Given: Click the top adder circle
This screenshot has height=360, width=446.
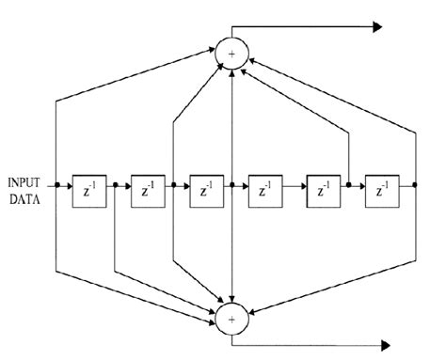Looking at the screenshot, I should (231, 53).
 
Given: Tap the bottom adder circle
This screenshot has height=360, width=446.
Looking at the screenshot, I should (231, 319).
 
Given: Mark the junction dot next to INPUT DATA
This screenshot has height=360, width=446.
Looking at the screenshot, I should (56, 186).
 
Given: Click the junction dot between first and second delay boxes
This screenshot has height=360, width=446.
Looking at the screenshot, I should (115, 186).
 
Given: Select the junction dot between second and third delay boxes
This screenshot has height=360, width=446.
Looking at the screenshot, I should (173, 186).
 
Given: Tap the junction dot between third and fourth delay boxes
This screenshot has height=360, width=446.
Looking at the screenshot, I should (231, 186).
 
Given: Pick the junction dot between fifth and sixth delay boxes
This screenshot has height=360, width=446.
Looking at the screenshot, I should (349, 186).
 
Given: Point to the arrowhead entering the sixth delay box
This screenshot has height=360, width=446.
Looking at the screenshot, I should (360, 186).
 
